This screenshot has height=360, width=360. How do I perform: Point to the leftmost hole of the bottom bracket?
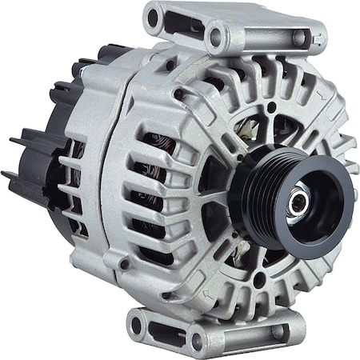[137, 325]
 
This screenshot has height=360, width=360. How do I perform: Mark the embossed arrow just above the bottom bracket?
[210, 298]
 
